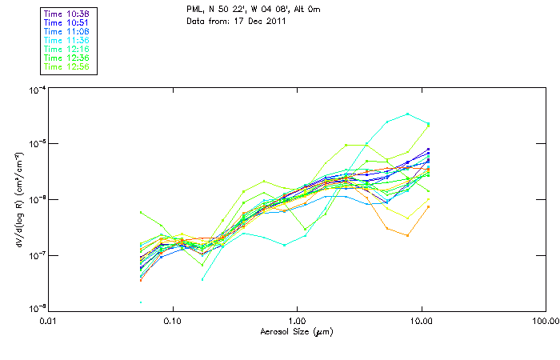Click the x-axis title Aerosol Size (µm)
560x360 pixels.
pos(297,330)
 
